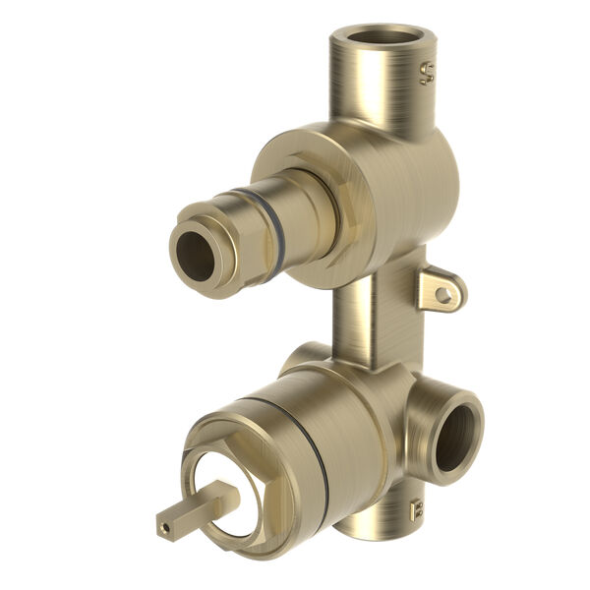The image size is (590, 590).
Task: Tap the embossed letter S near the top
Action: tap(427, 74)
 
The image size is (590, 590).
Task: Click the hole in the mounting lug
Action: tap(443, 293)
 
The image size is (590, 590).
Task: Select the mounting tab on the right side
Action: tap(439, 290)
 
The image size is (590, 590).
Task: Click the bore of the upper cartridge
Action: tap(196, 257)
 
